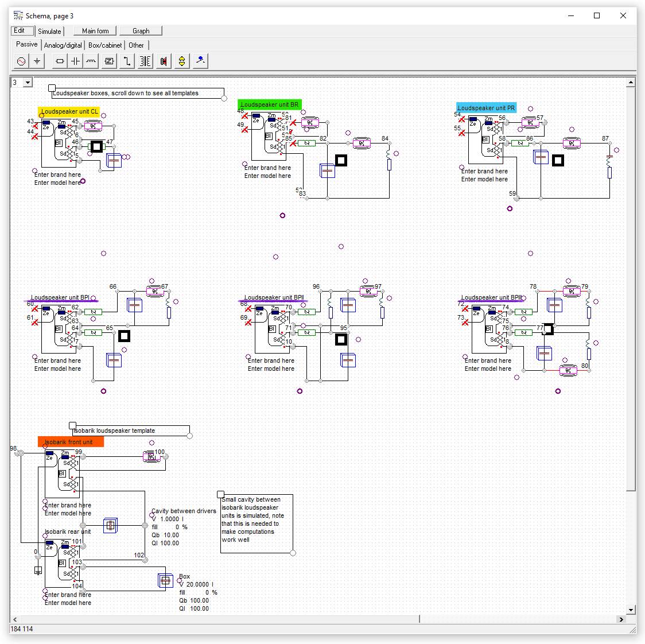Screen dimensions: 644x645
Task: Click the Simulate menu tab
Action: (x=49, y=32)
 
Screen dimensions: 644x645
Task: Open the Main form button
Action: (x=95, y=31)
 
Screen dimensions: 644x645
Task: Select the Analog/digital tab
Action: (x=63, y=45)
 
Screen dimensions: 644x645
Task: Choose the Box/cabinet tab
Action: (x=105, y=45)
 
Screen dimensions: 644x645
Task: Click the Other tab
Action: (x=136, y=45)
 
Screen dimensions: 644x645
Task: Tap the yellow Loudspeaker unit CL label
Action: (x=69, y=111)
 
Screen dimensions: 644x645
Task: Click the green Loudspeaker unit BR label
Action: (x=269, y=104)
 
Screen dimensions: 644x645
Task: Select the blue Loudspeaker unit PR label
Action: (x=486, y=108)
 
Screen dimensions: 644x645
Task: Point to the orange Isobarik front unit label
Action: (x=71, y=442)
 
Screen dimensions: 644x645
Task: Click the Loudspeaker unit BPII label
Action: (x=274, y=297)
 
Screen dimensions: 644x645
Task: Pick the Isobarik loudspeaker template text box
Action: (x=131, y=430)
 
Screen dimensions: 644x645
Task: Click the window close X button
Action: (x=623, y=15)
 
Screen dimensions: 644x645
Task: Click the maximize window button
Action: (x=597, y=15)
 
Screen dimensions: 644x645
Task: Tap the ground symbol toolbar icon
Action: (x=37, y=61)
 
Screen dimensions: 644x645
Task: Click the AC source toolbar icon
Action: (x=21, y=61)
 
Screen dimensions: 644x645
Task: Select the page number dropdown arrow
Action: (x=28, y=83)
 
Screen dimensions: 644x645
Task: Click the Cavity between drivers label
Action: (x=184, y=511)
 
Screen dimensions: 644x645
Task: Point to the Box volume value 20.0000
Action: (x=197, y=584)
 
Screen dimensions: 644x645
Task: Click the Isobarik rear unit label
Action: (x=68, y=532)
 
